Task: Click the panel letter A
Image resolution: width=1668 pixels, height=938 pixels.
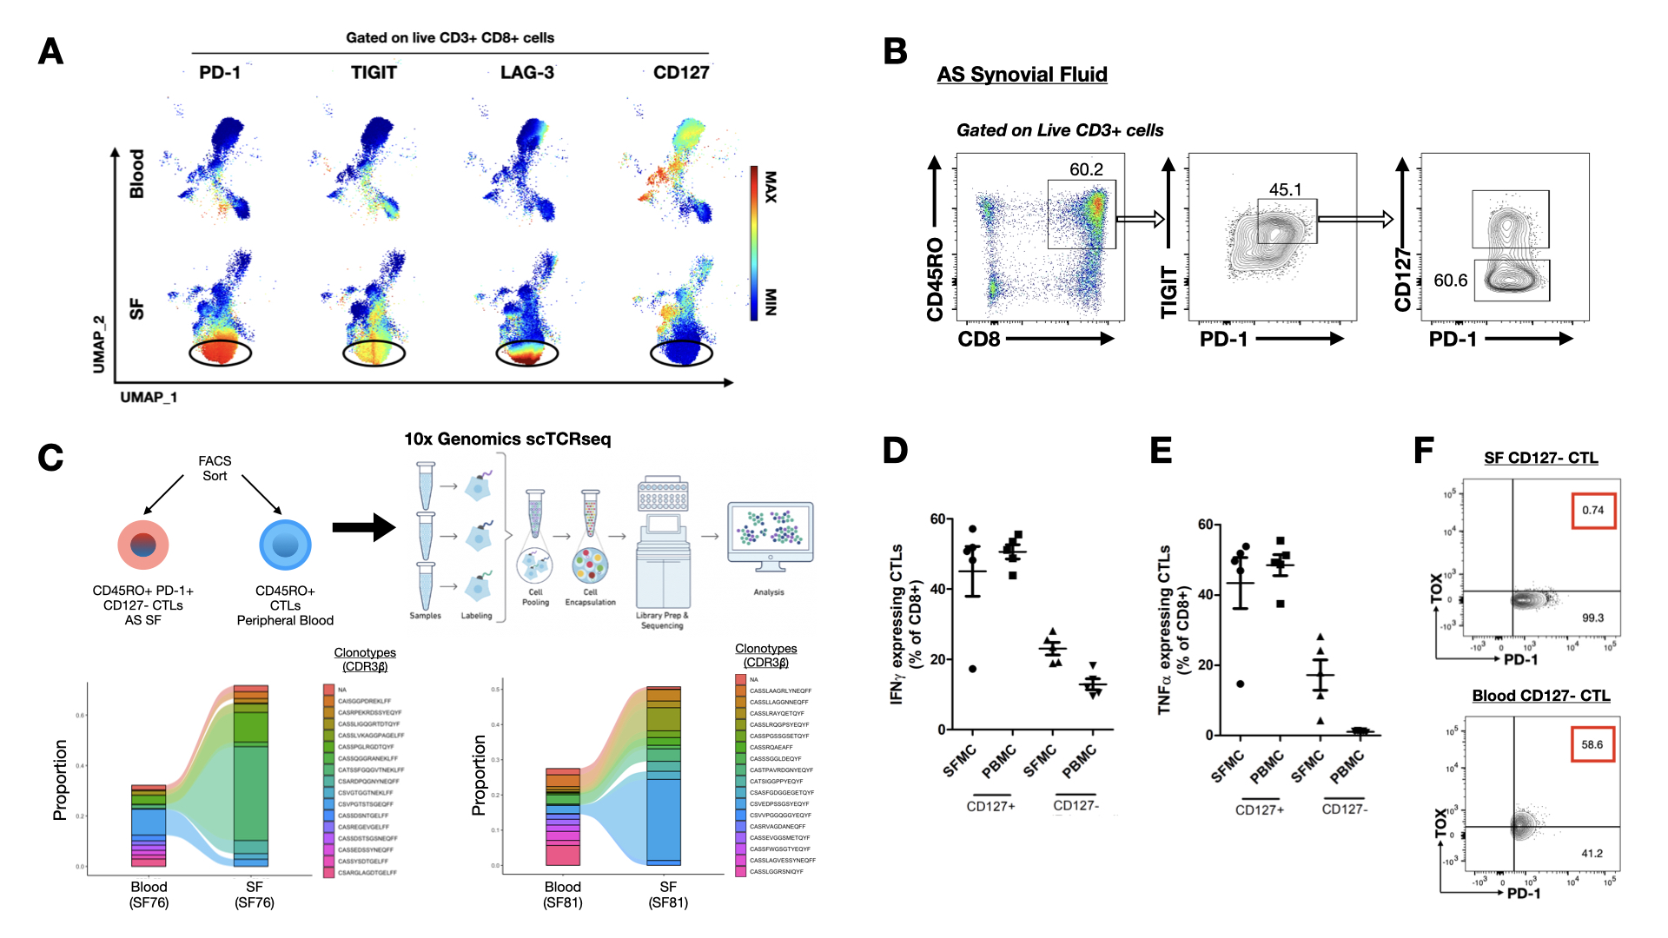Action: coord(50,52)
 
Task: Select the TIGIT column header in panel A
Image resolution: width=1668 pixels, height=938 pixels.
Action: coord(374,73)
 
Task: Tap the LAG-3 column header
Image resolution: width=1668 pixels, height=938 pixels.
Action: coord(526,73)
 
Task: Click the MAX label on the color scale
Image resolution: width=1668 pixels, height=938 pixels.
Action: coord(770,187)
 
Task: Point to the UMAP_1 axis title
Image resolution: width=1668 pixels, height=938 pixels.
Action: coord(149,398)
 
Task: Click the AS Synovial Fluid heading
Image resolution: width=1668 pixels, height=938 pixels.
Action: coord(1022,75)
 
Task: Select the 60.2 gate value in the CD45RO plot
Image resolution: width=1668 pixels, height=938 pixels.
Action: coord(1086,169)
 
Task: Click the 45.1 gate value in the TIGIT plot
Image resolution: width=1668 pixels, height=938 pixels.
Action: coord(1285,189)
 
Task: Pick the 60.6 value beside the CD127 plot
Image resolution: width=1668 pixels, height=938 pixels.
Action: coord(1450,281)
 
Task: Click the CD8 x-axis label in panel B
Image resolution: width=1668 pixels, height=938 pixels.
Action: coord(979,340)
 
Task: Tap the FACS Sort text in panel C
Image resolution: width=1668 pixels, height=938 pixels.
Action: coord(215,468)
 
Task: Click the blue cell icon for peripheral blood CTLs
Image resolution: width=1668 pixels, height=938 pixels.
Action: coord(285,545)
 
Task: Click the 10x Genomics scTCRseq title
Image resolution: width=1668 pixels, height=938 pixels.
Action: coord(507,439)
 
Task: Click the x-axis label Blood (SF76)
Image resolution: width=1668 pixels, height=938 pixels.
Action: coord(149,895)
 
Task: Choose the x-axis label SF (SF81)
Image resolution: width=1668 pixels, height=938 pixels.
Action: coord(667,895)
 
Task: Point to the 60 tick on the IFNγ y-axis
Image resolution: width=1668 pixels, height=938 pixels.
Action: coord(937,519)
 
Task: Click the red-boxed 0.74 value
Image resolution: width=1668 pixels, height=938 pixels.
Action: coord(1592,511)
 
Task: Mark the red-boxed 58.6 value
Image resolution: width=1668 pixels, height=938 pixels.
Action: coord(1592,745)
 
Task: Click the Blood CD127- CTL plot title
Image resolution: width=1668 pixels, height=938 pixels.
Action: coord(1540,696)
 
